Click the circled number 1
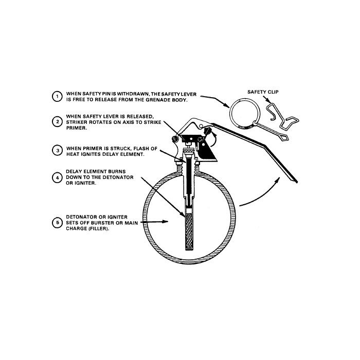pos(57,97)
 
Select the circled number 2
pos(57,122)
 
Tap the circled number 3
pos(57,151)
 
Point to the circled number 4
pos(57,177)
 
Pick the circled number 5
pos(57,223)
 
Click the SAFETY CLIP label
pos(263,92)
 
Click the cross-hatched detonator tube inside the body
pos(189,231)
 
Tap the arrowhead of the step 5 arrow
pos(165,222)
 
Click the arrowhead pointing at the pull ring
pos(226,105)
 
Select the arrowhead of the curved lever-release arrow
pos(277,180)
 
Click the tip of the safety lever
pos(297,183)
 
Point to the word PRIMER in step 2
pos(76,128)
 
